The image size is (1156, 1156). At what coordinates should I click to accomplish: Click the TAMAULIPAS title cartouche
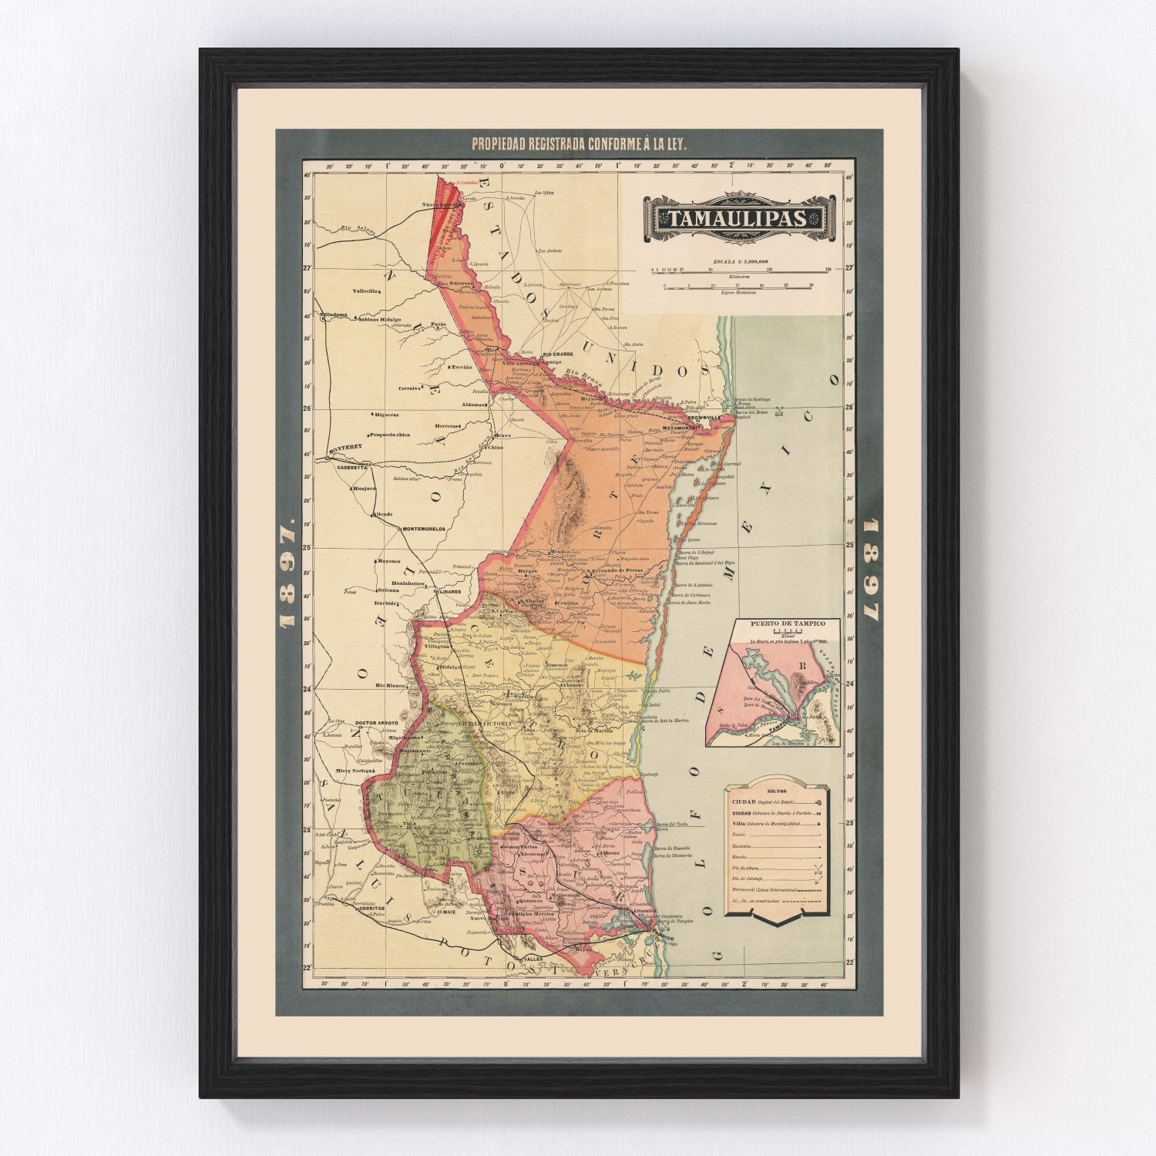pyautogui.click(x=738, y=219)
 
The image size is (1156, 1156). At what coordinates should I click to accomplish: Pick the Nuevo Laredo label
pyautogui.click(x=440, y=205)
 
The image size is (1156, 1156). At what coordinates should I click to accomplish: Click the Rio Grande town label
pyautogui.click(x=560, y=354)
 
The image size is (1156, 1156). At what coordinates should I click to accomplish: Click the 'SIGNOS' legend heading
pyautogui.click(x=777, y=791)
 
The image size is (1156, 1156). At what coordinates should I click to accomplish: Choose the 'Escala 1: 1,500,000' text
pyautogui.click(x=741, y=261)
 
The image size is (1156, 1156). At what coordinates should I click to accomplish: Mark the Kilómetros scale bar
pyautogui.click(x=741, y=270)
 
